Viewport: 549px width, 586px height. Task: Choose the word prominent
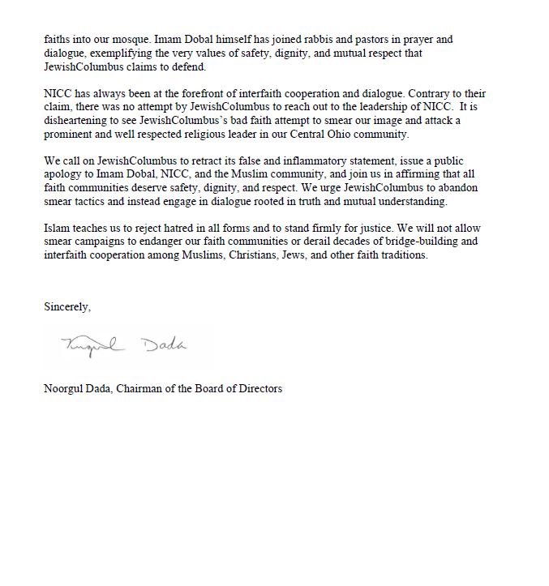point(69,135)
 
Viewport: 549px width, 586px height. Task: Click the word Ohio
point(315,135)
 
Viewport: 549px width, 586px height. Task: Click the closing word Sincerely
point(66,307)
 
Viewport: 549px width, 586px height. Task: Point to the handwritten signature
point(124,346)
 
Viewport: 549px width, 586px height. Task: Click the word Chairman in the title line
point(139,388)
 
